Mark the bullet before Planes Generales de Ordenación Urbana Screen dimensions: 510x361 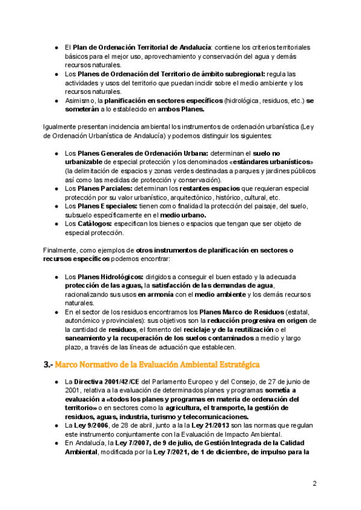55,154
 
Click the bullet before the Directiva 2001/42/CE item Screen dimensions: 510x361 55,382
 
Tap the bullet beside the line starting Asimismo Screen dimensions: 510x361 55,100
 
